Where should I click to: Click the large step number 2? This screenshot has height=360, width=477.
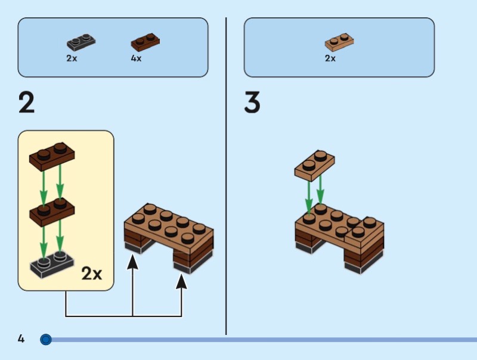coord(27,103)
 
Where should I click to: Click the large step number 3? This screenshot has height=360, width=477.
coord(252,103)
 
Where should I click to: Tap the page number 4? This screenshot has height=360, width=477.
coord(21,339)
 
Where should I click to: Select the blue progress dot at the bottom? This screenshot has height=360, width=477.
coord(46,340)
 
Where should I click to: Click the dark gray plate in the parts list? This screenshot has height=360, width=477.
coord(81,42)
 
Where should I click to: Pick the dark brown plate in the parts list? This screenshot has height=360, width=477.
coord(145,42)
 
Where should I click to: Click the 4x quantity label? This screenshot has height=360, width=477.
coord(136,58)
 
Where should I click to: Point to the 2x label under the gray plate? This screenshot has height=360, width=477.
coord(72,58)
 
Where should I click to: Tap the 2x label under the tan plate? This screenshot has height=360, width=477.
coord(330,58)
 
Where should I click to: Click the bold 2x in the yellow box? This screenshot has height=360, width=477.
coord(92,274)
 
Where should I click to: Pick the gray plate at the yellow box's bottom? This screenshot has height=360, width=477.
coord(52,263)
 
